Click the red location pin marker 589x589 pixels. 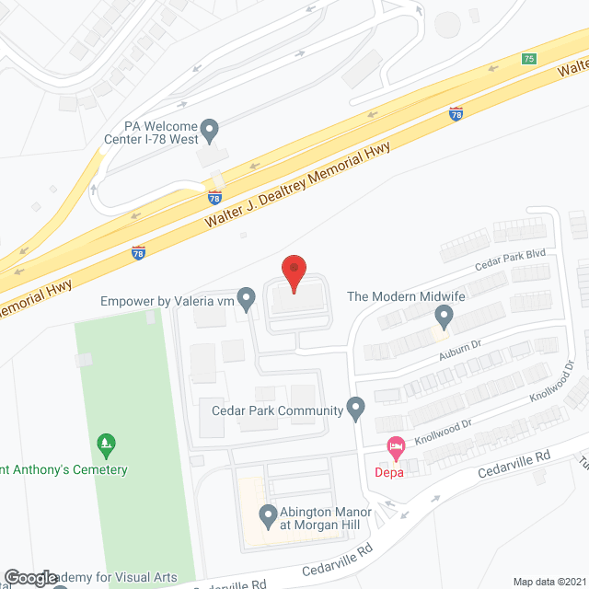tap(293, 272)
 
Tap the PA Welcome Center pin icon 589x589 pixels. tap(210, 131)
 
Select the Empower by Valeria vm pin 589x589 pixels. tap(246, 298)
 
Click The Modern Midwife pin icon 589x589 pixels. tap(445, 318)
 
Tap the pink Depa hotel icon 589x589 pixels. tap(397, 448)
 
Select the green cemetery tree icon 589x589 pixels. tap(107, 445)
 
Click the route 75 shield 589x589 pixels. tap(527, 59)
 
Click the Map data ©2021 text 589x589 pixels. tap(549, 582)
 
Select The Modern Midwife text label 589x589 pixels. tap(404, 297)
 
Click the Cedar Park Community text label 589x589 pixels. tap(276, 410)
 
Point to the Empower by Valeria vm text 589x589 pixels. tap(166, 299)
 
